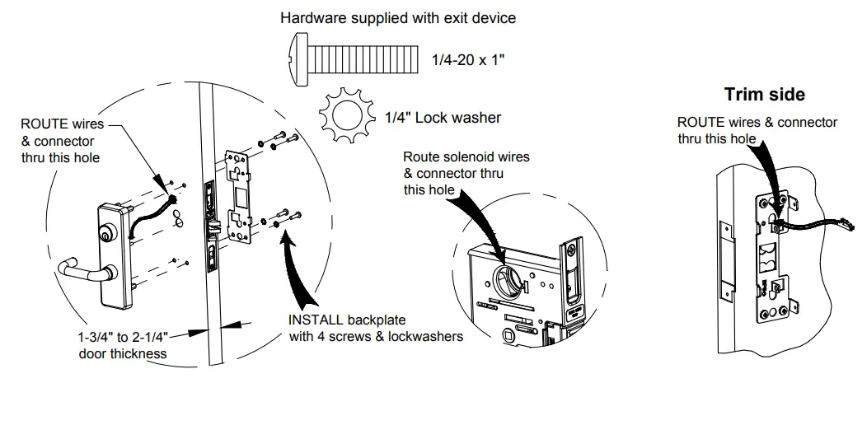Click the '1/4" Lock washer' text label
[443, 118]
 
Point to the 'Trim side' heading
[764, 94]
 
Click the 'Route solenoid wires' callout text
[466, 173]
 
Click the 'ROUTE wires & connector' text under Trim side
[757, 130]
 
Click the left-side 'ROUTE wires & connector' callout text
[63, 140]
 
